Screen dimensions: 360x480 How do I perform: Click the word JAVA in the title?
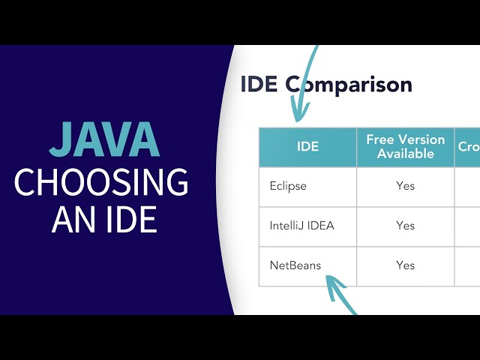pyautogui.click(x=104, y=141)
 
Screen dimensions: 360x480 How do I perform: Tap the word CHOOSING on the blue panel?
pyautogui.click(x=101, y=182)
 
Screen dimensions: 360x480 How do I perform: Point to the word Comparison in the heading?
pyautogui.click(x=349, y=84)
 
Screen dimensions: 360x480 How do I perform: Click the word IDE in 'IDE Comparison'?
pyautogui.click(x=259, y=84)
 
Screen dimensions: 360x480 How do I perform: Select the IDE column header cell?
pyautogui.click(x=307, y=147)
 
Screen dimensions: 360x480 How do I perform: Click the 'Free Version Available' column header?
pyautogui.click(x=405, y=147)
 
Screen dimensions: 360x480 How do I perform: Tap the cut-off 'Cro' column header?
pyautogui.click(x=468, y=147)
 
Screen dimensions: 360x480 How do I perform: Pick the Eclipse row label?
pyautogui.click(x=288, y=186)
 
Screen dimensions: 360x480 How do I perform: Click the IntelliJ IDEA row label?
pyautogui.click(x=301, y=225)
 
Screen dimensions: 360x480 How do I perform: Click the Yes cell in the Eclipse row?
pyautogui.click(x=405, y=186)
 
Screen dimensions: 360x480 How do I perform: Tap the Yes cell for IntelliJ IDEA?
pyautogui.click(x=405, y=225)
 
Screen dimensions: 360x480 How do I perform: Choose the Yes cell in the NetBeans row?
pyautogui.click(x=405, y=265)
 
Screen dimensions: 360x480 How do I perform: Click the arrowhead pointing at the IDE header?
pyautogui.click(x=298, y=115)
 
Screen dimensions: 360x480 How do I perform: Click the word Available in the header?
pyautogui.click(x=406, y=154)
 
